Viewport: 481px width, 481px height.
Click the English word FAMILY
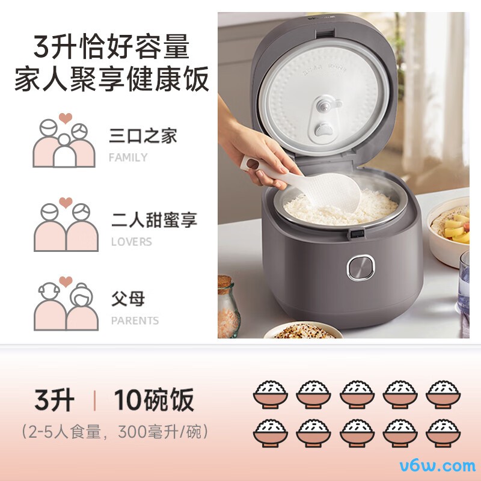(128, 158)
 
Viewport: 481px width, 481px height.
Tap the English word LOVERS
(132, 242)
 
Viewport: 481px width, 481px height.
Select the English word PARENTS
(135, 320)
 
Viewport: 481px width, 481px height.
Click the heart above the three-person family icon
(66, 118)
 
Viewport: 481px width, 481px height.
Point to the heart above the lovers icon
(66, 203)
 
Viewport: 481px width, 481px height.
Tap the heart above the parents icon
(66, 281)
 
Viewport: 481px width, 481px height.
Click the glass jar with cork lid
(228, 307)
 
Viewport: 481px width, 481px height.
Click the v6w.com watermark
(438, 466)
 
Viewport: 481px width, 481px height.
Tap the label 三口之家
(143, 136)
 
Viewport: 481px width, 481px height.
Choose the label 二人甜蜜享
(154, 219)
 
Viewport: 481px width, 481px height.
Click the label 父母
(128, 298)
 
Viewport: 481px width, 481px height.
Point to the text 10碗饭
(154, 399)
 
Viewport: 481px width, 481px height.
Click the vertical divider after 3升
(94, 400)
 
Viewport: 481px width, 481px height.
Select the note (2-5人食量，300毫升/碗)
(115, 432)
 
